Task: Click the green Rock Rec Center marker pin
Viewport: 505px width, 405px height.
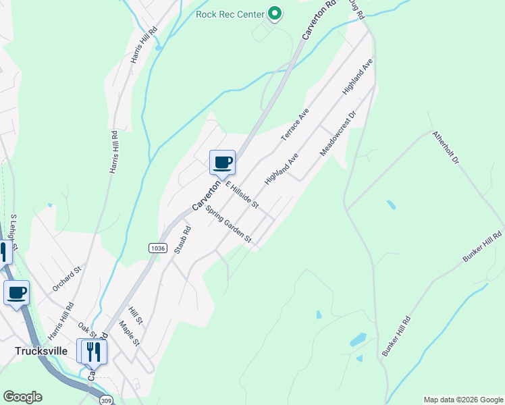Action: pyautogui.click(x=275, y=13)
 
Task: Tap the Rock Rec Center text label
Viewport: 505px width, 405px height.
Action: pyautogui.click(x=230, y=13)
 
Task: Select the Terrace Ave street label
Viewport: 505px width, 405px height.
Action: pyautogui.click(x=294, y=124)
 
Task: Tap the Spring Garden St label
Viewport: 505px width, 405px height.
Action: pyautogui.click(x=229, y=225)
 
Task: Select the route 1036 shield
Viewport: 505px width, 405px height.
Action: pyautogui.click(x=158, y=248)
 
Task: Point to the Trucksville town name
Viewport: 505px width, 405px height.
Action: pyautogui.click(x=41, y=351)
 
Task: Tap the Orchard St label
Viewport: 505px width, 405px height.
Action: pyautogui.click(x=67, y=279)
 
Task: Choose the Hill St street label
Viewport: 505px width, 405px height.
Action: pyautogui.click(x=136, y=315)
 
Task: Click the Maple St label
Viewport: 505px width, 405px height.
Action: pyautogui.click(x=129, y=333)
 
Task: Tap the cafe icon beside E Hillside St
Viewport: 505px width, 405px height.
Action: pyautogui.click(x=223, y=162)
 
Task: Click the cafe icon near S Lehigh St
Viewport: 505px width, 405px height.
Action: pyautogui.click(x=16, y=293)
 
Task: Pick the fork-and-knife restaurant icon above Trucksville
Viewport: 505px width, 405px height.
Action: pyautogui.click(x=93, y=351)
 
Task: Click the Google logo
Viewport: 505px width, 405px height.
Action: pyautogui.click(x=22, y=397)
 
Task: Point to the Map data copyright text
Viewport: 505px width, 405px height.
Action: pyautogui.click(x=462, y=400)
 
